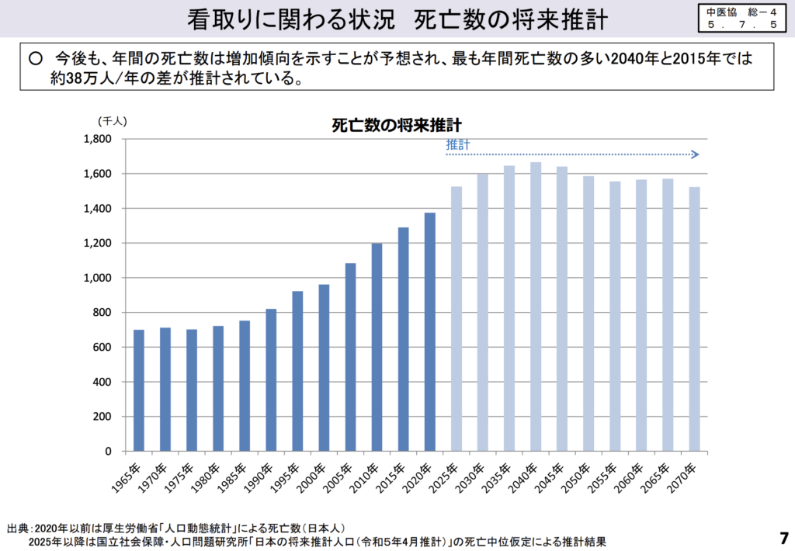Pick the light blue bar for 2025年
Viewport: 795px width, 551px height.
pos(457,319)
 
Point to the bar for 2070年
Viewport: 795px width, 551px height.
pos(694,319)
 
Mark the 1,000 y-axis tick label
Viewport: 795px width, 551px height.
pos(98,278)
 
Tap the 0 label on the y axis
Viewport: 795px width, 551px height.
pos(108,452)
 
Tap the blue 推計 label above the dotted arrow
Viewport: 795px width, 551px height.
pos(457,144)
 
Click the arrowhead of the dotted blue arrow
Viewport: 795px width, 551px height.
pos(696,154)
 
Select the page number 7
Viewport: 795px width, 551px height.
pos(783,537)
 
